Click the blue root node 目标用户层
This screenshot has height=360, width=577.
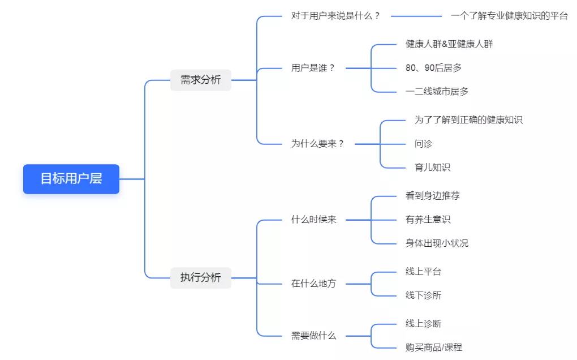[71, 179]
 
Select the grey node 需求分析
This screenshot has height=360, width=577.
[201, 80]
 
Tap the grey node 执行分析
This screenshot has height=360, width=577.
[201, 278]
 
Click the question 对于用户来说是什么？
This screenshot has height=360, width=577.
[335, 16]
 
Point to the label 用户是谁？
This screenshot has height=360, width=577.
[313, 68]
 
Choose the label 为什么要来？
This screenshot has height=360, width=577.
[318, 144]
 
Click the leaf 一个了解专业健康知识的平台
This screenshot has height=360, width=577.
[509, 16]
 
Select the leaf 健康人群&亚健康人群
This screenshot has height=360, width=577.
[449, 44]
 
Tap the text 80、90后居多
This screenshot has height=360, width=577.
[433, 68]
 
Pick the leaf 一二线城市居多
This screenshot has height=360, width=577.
[437, 92]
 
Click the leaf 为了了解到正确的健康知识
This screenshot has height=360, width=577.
[468, 120]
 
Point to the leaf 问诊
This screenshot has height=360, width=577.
[423, 144]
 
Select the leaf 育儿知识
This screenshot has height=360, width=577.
[432, 168]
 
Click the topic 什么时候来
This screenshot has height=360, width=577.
[313, 220]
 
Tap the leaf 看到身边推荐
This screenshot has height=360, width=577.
[432, 196]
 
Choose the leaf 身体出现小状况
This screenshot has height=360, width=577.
[437, 243]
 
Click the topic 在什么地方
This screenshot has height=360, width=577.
[313, 284]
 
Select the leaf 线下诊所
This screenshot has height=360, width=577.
[423, 295]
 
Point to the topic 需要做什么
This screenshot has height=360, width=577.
[313, 336]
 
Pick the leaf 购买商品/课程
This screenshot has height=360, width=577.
[433, 348]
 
